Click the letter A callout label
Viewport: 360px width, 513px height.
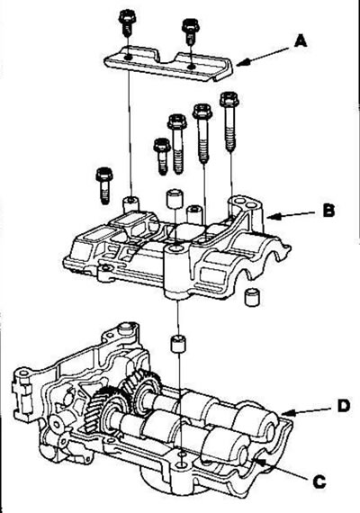300,41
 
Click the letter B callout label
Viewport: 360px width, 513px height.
328,210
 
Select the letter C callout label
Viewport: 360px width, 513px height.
319,481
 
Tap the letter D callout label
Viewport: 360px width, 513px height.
343,406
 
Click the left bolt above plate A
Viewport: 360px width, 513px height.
126,22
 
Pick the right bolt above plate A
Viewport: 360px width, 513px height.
191,31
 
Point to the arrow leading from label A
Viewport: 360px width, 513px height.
263,57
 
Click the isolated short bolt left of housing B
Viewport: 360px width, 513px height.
104,185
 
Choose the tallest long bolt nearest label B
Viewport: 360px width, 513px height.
229,121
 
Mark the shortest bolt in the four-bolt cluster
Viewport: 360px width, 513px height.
162,157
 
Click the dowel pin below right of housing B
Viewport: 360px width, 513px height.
252,297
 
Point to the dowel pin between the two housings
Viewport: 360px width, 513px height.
178,344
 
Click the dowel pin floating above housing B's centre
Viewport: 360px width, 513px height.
174,198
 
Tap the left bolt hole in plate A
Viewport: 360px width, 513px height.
128,58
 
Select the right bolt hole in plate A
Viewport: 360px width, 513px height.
192,67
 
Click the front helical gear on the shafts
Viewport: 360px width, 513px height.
104,408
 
